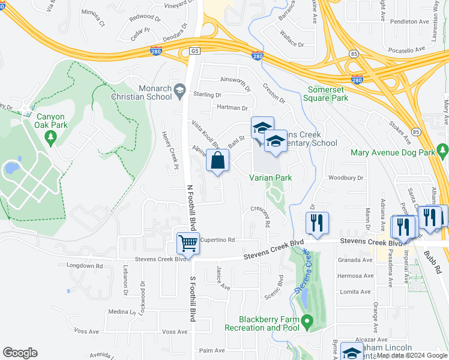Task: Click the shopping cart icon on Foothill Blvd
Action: coord(188,244)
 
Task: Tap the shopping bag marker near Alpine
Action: coord(217,160)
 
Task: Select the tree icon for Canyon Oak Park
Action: coord(50,138)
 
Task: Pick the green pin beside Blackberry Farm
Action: coord(307,323)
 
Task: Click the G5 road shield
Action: coord(194,52)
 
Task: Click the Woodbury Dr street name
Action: coord(346,178)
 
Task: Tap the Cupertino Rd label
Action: coord(217,239)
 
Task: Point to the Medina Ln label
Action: coord(122,312)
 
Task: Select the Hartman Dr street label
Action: coord(232,108)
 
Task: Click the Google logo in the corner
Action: coord(20,353)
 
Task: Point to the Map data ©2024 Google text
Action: coord(412,355)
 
